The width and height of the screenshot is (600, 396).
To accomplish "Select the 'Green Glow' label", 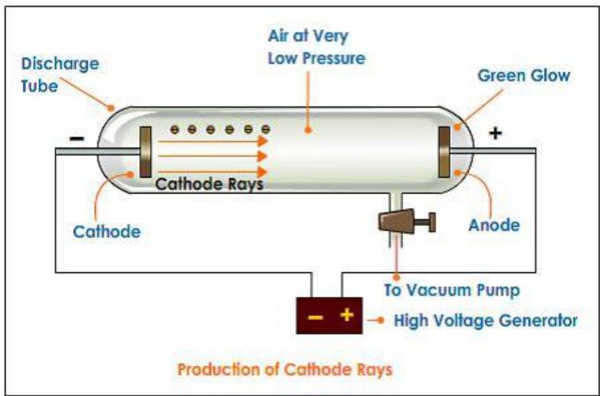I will coord(524,76).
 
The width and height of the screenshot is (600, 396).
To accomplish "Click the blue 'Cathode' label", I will coord(106,231).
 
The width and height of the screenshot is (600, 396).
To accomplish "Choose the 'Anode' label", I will coord(494,225).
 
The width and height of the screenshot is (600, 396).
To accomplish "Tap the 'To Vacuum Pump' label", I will coord(452,291).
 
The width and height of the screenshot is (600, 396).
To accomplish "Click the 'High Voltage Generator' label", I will coord(486,320).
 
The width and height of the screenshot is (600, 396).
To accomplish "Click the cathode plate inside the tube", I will coord(145,152).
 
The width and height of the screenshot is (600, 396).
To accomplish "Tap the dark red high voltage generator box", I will coord(329,315).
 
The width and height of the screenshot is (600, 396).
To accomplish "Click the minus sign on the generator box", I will coord(314,315).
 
